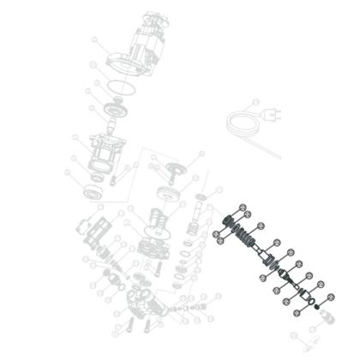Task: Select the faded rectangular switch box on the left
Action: pyautogui.click(x=93, y=231)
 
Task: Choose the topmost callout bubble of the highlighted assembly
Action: pyautogui.click(x=243, y=206)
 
